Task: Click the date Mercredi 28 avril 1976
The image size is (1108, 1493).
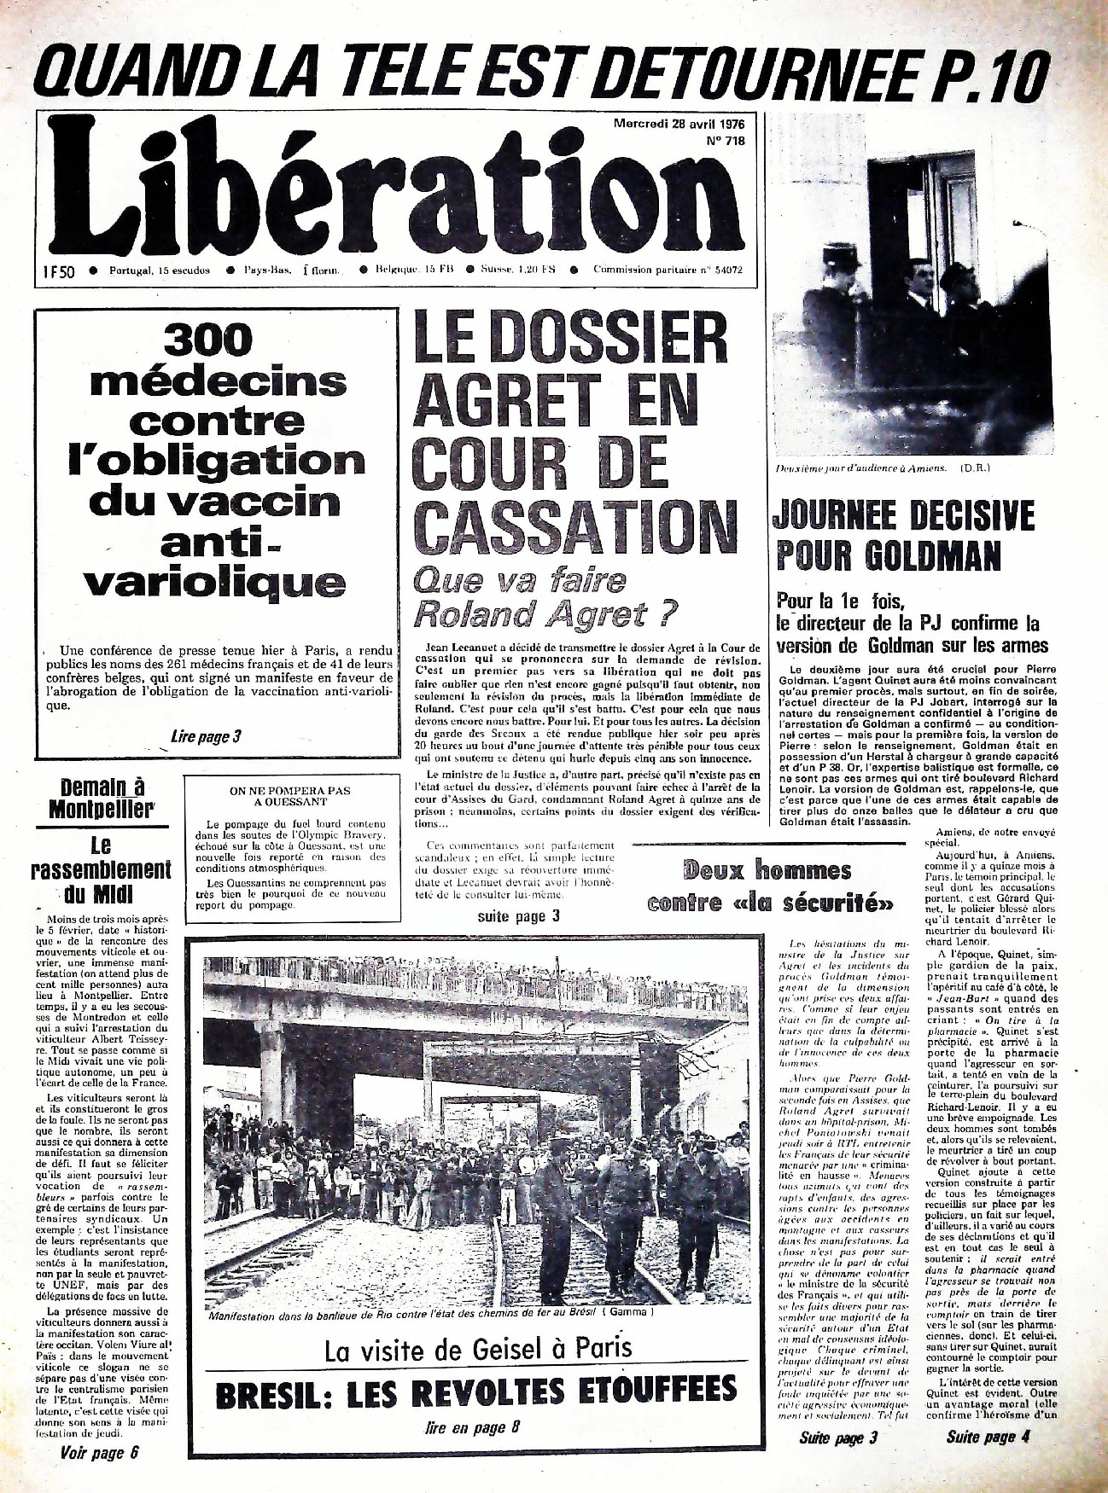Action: click(x=679, y=125)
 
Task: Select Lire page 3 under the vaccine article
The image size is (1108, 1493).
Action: click(x=206, y=736)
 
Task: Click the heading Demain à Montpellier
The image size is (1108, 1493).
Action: click(x=102, y=798)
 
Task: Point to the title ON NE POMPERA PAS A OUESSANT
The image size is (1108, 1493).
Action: click(x=290, y=796)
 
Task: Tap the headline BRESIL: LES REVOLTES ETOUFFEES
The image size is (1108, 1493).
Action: click(x=475, y=1391)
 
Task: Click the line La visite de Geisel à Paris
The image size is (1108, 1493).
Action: click(x=478, y=1349)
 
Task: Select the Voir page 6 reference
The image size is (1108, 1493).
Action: click(x=99, y=1453)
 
